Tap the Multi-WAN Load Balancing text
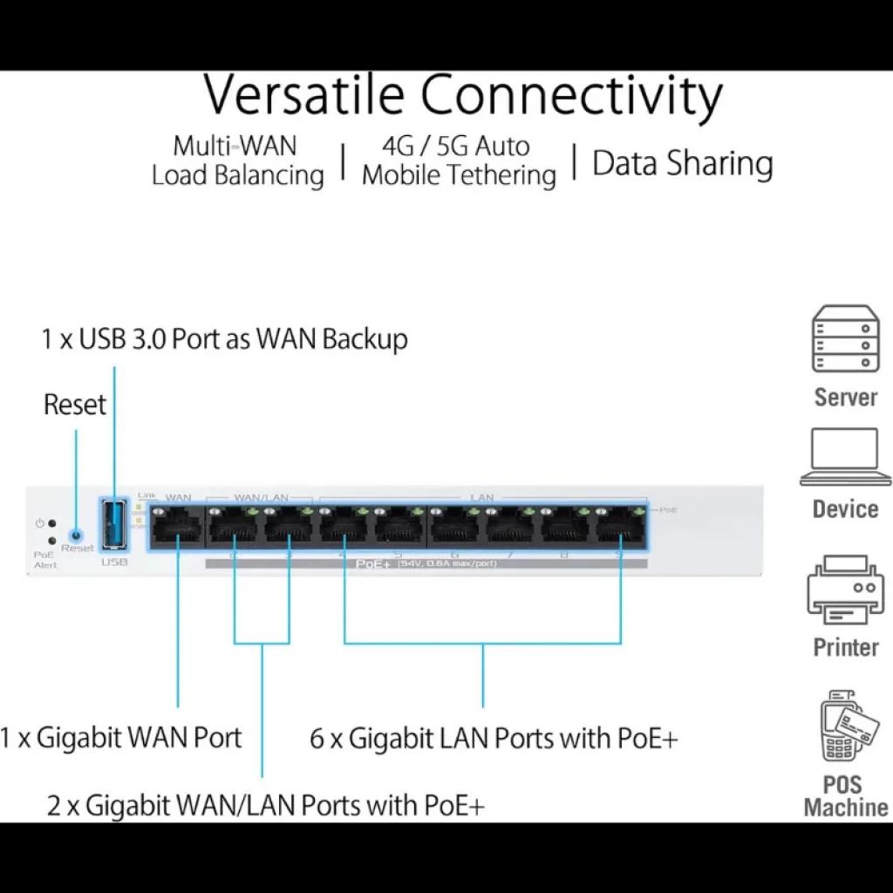pyautogui.click(x=237, y=160)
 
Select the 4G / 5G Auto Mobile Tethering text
pyautogui.click(x=459, y=160)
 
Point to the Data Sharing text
pyautogui.click(x=683, y=163)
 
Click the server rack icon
pyautogui.click(x=845, y=340)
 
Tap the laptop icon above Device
pyautogui.click(x=845, y=457)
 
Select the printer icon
pyautogui.click(x=845, y=593)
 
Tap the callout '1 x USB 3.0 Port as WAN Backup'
pyautogui.click(x=224, y=338)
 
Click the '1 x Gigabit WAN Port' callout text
pyautogui.click(x=120, y=738)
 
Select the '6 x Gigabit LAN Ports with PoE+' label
pyautogui.click(x=494, y=739)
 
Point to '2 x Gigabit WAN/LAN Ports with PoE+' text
pyautogui.click(x=265, y=804)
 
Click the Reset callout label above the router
pyautogui.click(x=75, y=405)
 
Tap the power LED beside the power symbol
pyautogui.click(x=53, y=523)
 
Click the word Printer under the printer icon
pyautogui.click(x=845, y=647)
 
